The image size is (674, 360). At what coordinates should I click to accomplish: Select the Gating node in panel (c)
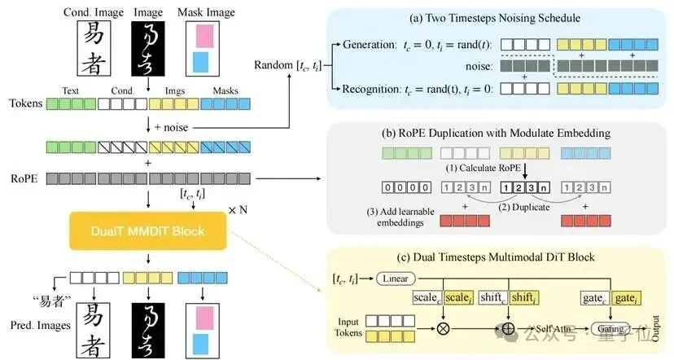click(611, 328)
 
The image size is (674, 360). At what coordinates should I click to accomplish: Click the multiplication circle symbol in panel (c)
click(444, 329)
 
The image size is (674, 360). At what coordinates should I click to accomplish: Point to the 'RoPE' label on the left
click(22, 176)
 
